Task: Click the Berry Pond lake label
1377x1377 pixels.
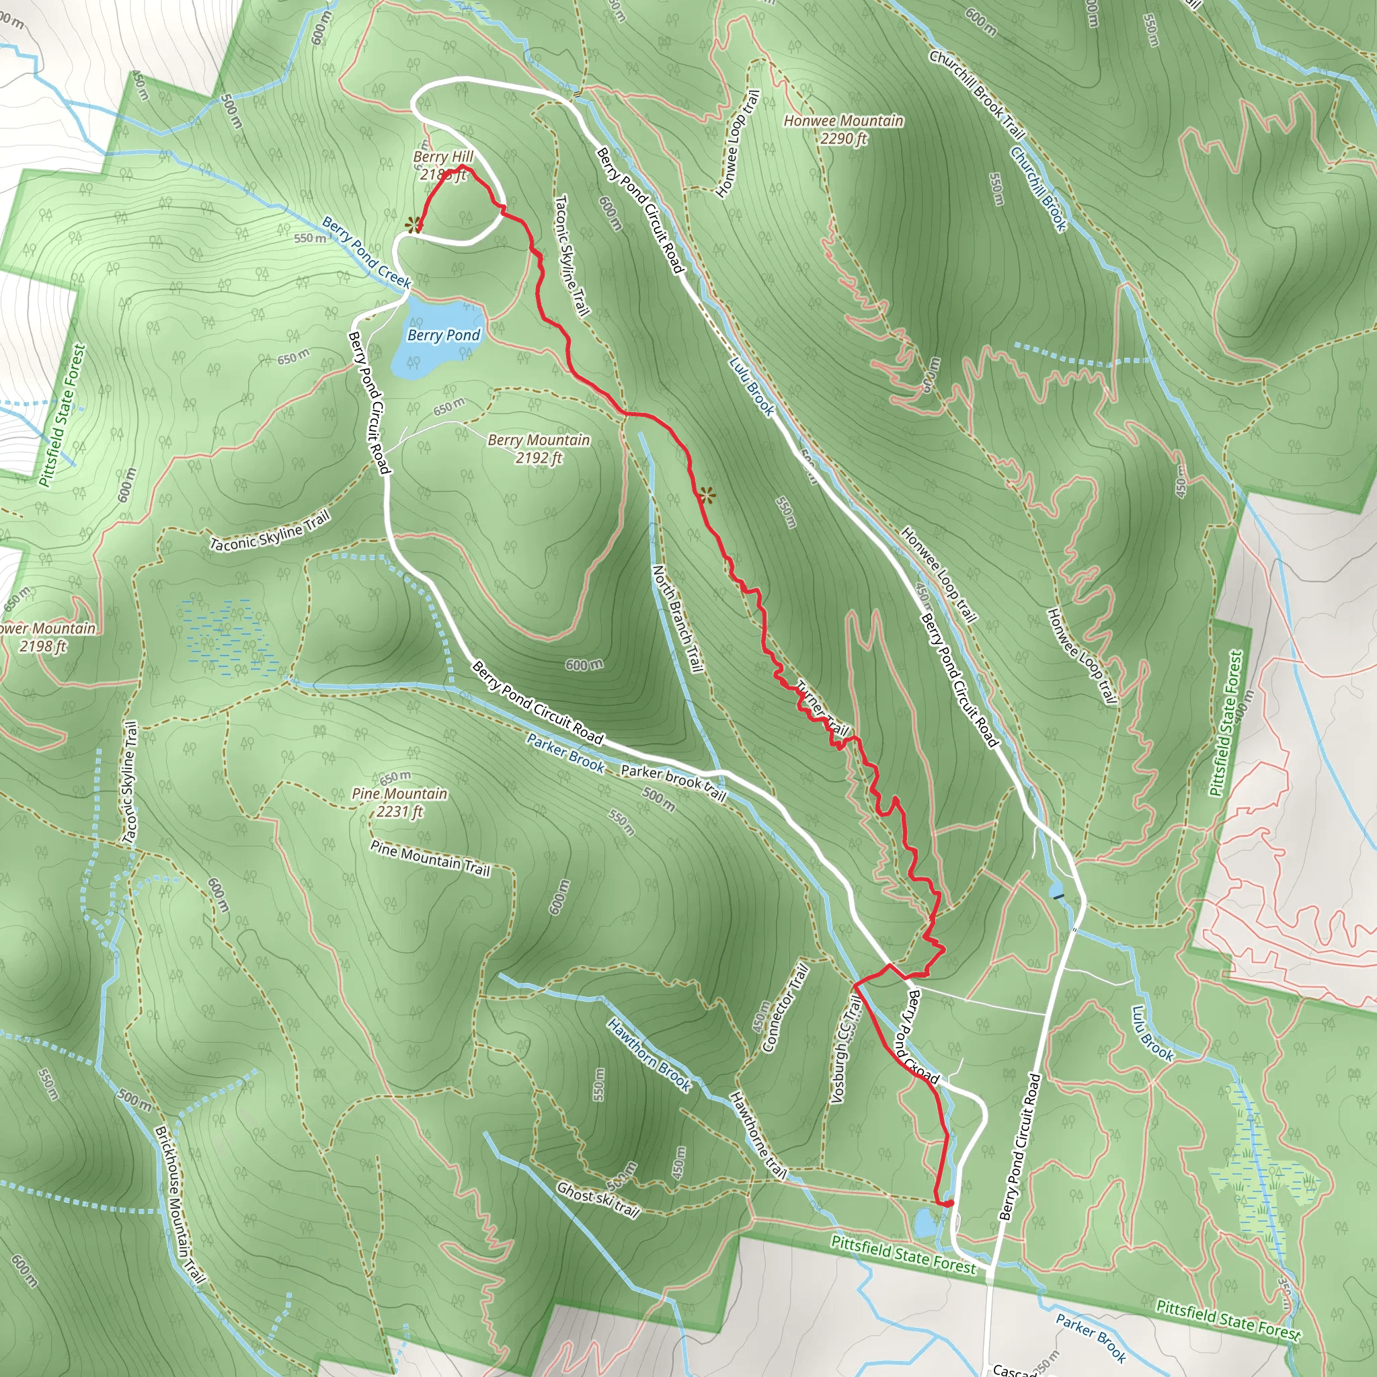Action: pos(443,335)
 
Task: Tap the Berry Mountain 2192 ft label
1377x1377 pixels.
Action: pos(539,449)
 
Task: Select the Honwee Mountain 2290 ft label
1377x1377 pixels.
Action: pos(843,130)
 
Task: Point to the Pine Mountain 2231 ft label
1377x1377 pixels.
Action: pos(399,803)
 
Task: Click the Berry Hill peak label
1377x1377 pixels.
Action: pos(442,165)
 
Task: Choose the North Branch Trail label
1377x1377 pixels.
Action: pos(678,619)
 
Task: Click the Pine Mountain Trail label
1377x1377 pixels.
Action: pos(430,857)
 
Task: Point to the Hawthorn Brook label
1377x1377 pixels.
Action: pos(649,1055)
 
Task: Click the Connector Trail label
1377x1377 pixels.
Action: pos(785,1008)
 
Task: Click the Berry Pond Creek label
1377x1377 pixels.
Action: pos(366,253)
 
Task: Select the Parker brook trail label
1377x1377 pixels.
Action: pos(673,783)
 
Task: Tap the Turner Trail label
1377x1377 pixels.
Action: pos(822,709)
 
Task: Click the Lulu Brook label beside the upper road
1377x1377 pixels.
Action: pos(750,385)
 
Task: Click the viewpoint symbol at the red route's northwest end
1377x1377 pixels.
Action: pos(412,226)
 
